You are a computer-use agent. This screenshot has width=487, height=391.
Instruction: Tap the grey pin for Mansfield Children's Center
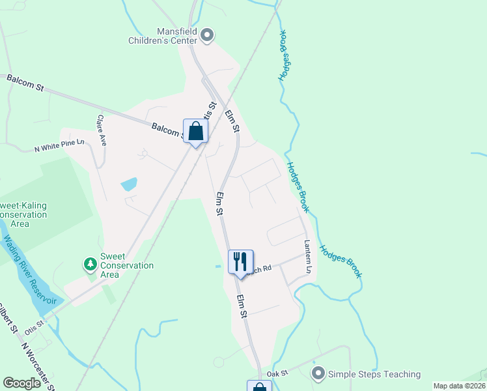(207, 35)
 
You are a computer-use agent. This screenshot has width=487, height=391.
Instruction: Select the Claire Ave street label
(102, 130)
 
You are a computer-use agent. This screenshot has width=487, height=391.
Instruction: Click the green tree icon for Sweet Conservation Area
(89, 264)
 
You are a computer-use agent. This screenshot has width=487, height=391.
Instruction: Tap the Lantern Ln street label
(309, 256)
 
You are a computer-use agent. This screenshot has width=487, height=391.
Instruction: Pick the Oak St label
(277, 373)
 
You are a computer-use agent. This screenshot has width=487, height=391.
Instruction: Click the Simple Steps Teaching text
(374, 374)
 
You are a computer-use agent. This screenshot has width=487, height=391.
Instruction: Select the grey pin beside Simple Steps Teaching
(318, 374)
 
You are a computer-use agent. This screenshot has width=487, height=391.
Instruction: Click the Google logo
(22, 383)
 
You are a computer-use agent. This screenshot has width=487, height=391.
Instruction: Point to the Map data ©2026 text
(458, 386)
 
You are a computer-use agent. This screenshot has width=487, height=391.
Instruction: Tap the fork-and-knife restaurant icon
(240, 262)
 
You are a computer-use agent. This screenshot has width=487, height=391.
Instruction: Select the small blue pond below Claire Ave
(129, 184)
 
